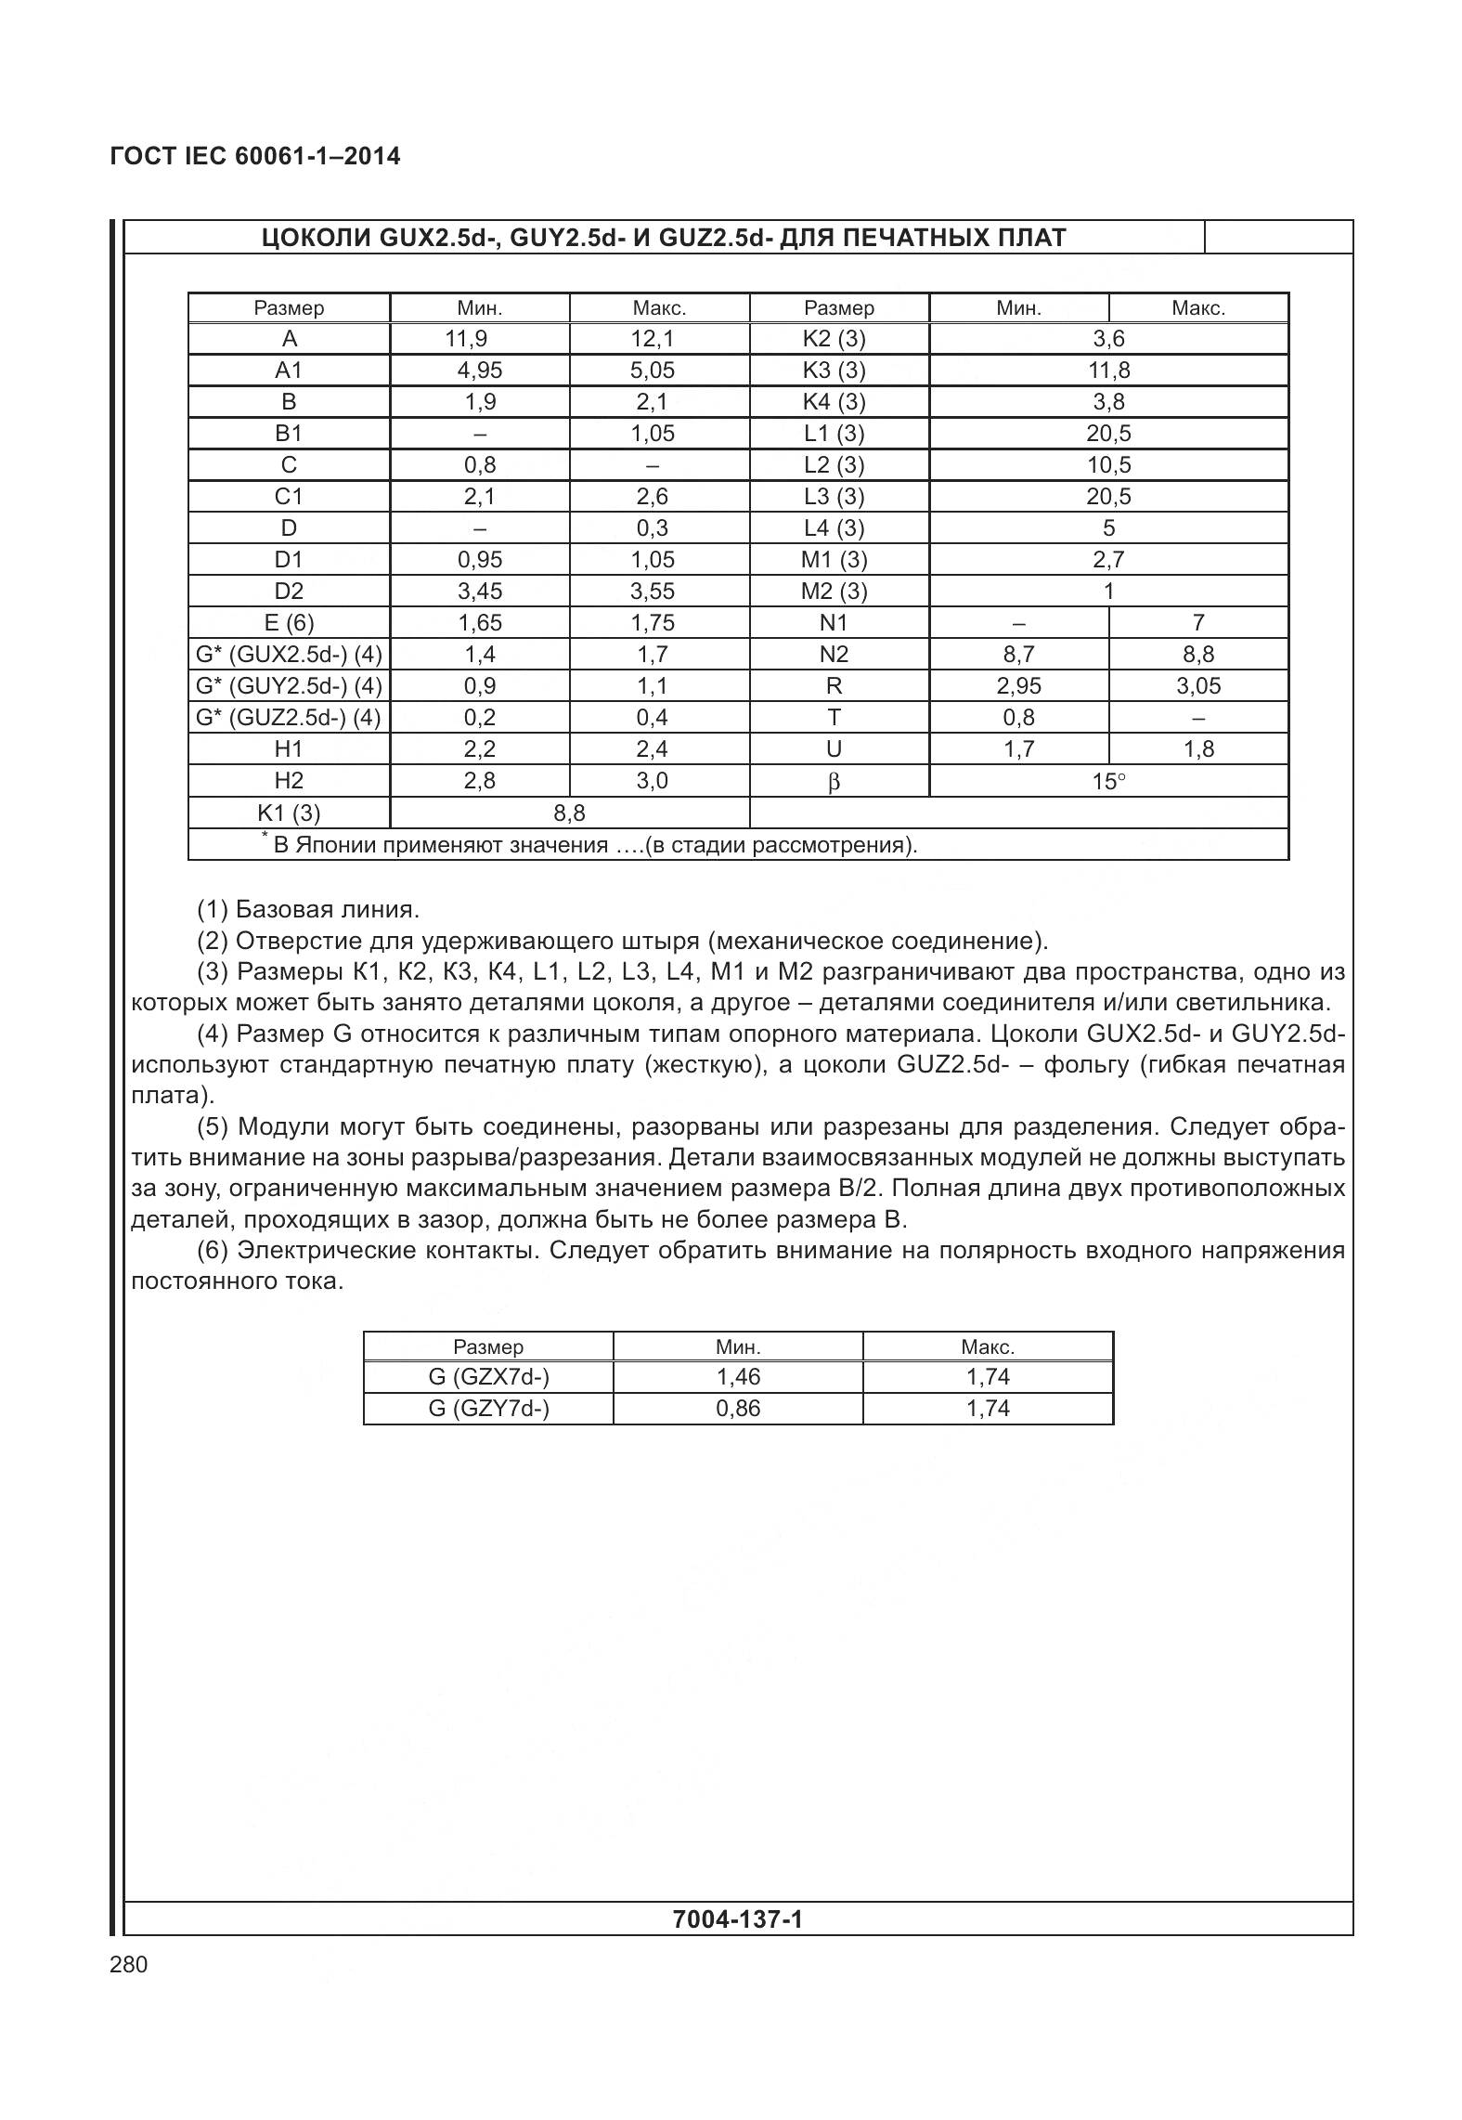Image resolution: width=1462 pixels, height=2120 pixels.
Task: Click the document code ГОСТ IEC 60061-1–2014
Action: coord(254,156)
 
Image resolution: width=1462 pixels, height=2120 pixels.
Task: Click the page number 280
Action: coord(128,1964)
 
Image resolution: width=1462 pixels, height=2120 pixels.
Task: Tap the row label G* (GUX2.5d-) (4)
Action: coord(289,655)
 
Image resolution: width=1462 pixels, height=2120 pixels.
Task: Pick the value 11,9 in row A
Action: coord(465,339)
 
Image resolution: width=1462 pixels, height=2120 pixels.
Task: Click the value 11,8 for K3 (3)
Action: coord(1108,371)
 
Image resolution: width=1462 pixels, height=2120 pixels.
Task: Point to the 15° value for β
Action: coord(1108,782)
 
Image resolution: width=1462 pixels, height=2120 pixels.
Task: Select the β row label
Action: coord(834,782)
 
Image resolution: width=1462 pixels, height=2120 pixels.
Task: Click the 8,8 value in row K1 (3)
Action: coord(569,813)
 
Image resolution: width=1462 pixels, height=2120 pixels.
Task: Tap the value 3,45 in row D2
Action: coord(479,592)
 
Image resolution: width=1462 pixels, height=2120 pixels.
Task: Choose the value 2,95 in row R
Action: coord(1018,686)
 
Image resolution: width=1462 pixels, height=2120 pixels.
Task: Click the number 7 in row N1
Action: coord(1197,623)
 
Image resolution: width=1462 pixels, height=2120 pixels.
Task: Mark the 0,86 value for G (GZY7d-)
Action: coord(738,1409)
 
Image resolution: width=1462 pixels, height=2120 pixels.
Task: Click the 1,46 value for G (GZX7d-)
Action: coord(738,1377)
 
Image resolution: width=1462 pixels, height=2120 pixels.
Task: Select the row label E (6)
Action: coord(289,623)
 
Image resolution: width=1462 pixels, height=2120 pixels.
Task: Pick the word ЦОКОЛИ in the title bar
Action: coord(316,238)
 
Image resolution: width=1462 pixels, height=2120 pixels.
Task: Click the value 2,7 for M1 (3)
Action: coord(1108,560)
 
